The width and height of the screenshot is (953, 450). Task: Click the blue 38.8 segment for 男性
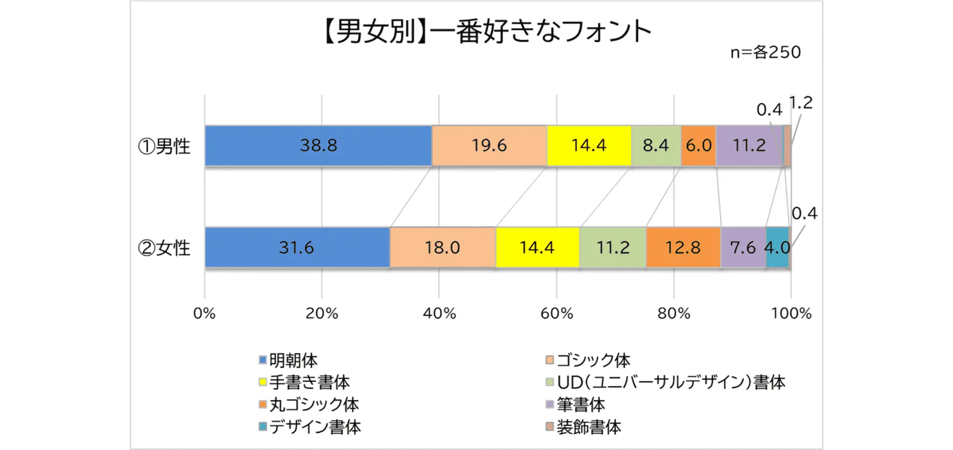[318, 146]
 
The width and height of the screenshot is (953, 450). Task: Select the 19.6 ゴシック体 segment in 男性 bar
[489, 146]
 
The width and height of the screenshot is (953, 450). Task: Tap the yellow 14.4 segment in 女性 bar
[537, 248]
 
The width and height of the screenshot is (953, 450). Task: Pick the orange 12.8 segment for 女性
[683, 248]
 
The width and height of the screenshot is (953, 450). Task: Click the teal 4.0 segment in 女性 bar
[777, 248]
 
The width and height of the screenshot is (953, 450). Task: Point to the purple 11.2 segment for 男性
[749, 146]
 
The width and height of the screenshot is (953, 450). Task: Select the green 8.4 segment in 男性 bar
[656, 146]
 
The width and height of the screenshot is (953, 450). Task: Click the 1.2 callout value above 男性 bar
[801, 103]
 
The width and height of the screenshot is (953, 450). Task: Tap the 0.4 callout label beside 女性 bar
[804, 214]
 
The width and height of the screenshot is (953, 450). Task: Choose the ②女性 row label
[164, 248]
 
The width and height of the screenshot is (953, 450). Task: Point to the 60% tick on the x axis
[557, 314]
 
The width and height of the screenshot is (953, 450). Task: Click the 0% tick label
[204, 314]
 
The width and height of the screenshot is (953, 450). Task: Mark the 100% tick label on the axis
[791, 314]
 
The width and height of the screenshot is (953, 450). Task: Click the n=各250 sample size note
[765, 53]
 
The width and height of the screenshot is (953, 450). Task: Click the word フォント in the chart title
[605, 32]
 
